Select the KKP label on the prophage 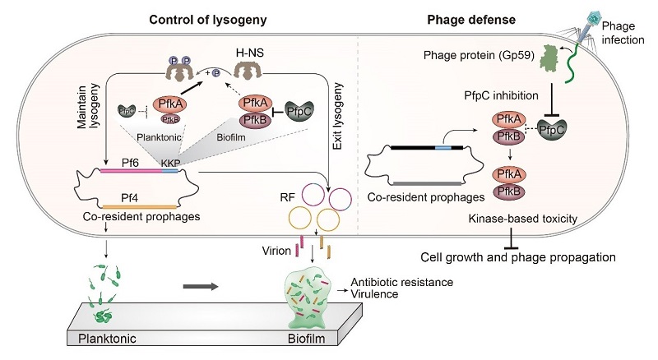point(170,164)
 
